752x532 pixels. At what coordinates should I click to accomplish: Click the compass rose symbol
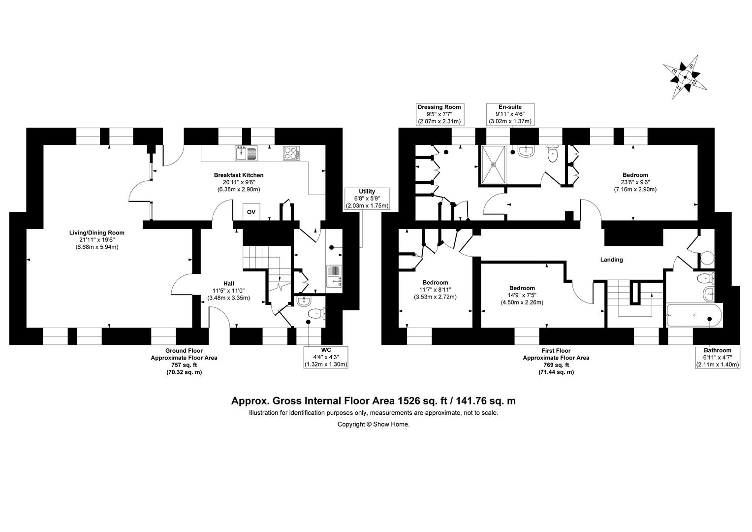pos(685,77)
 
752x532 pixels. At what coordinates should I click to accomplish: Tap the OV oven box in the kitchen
pos(251,212)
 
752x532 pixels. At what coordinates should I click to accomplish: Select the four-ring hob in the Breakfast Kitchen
pos(291,153)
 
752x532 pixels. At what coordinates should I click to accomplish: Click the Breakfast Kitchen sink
pos(246,153)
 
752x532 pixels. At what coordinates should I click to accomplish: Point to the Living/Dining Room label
pos(96,239)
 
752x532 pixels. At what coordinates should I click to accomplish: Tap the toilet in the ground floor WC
pos(316,314)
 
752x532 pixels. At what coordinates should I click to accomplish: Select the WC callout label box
pos(326,357)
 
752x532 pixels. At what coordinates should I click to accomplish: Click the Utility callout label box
pos(367,199)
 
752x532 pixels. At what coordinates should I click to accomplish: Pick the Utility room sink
pos(334,276)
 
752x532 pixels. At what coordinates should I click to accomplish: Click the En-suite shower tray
pos(494,165)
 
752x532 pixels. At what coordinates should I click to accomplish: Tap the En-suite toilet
pos(553,153)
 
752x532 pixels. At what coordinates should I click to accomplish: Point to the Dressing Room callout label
pos(439,114)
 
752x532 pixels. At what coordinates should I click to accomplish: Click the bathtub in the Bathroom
pos(693,315)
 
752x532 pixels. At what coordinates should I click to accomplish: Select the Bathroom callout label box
pos(718,357)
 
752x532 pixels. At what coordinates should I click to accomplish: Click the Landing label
pos(611,260)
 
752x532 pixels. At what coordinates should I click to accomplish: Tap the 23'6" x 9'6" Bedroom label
pos(635,182)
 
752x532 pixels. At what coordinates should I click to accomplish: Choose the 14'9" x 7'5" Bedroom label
pos(522,295)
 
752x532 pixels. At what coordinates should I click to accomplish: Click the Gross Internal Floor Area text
pos(374,401)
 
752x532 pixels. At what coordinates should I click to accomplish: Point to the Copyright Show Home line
pos(374,424)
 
